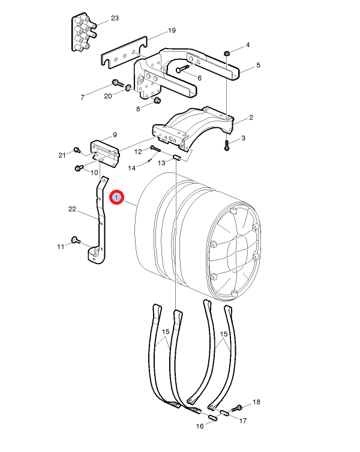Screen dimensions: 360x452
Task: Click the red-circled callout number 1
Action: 116,197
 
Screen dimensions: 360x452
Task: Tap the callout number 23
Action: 115,18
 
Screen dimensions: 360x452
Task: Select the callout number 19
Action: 172,30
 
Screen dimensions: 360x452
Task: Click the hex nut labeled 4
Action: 227,53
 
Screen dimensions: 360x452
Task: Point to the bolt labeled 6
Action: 182,69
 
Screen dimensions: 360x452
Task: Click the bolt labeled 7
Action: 118,83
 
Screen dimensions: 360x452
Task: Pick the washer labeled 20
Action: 128,87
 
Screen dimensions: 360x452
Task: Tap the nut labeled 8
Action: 157,100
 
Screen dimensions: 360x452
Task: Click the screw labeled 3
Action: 227,145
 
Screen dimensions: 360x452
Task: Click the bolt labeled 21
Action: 77,149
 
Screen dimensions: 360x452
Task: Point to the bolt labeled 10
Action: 79,167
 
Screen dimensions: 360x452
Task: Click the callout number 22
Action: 72,209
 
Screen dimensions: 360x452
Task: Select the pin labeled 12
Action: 155,149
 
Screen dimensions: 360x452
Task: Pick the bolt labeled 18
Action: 239,408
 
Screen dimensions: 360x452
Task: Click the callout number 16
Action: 200,426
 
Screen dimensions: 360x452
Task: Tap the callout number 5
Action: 258,65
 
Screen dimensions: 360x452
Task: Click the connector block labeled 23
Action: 83,32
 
